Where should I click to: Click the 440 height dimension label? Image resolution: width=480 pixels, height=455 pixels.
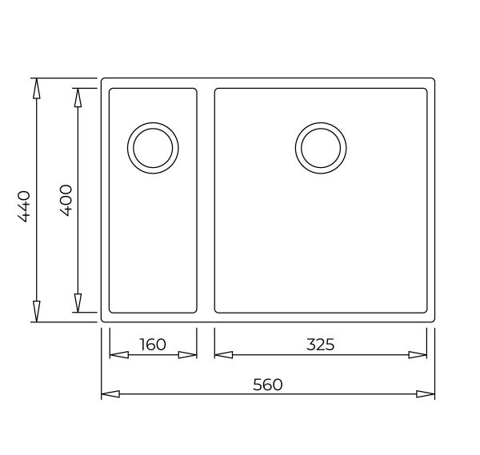tap(24, 206)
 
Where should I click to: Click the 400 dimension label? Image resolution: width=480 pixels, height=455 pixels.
tap(66, 201)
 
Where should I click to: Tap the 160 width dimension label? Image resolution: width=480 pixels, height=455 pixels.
tap(153, 344)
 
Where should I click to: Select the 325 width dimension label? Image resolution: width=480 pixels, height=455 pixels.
tap(321, 344)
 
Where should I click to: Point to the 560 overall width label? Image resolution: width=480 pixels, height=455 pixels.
tap(268, 385)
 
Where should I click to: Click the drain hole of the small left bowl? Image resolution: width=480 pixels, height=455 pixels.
tap(153, 148)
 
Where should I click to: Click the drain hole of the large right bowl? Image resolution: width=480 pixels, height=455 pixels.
tap(321, 148)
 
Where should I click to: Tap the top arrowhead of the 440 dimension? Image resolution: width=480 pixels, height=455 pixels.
tap(37, 89)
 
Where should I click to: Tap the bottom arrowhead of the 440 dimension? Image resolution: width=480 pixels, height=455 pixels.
tap(37, 312)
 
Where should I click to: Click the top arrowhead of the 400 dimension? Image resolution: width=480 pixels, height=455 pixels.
tap(78, 98)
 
